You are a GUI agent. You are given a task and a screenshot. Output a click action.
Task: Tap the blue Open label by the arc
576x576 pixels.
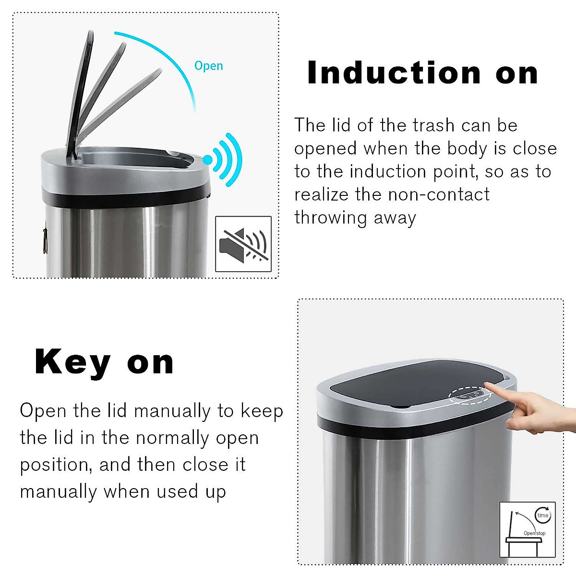[x=208, y=66]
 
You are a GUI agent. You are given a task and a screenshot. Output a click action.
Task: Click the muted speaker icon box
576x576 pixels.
[x=243, y=244]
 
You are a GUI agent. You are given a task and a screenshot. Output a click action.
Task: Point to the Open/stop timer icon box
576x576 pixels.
[x=528, y=529]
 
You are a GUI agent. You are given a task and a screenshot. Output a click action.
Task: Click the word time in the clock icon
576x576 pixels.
[x=542, y=516]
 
